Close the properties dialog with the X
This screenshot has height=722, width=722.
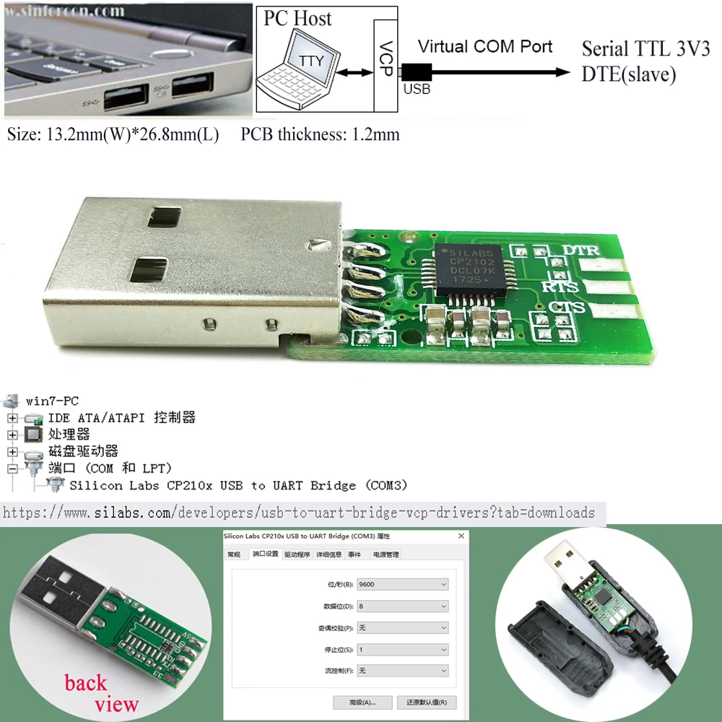tap(461, 536)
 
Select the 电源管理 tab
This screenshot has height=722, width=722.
tap(385, 554)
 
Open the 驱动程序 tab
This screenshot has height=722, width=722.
tap(297, 554)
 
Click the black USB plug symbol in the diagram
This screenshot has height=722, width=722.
tap(417, 71)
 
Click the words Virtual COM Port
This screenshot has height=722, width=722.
tap(485, 47)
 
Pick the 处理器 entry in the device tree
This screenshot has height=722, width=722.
tap(69, 435)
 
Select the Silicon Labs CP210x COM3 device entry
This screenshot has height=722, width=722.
tap(238, 485)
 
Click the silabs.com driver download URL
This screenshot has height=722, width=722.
tap(299, 513)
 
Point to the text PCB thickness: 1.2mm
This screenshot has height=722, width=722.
tap(320, 134)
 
